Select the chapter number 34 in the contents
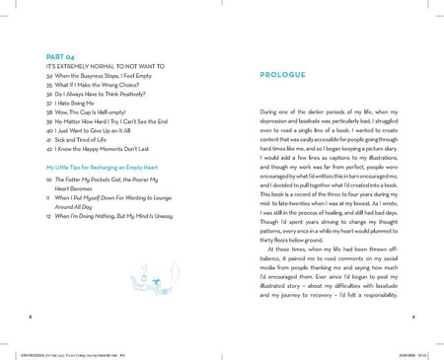49,76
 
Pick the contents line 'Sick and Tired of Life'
87,138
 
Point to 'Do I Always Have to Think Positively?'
106,94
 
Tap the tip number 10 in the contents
49,180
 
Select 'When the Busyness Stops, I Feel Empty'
109,76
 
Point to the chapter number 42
49,147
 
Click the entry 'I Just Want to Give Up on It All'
102,129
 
